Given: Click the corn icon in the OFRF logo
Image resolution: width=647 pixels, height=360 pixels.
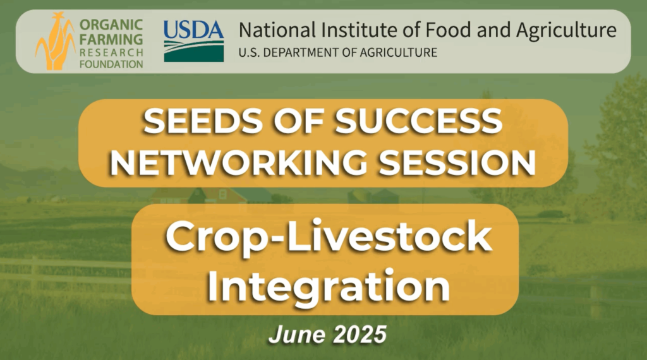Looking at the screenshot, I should (x=55, y=41).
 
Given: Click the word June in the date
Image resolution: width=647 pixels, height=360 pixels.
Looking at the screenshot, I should (x=295, y=335).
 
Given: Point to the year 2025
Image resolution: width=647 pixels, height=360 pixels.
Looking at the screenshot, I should (x=360, y=335).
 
